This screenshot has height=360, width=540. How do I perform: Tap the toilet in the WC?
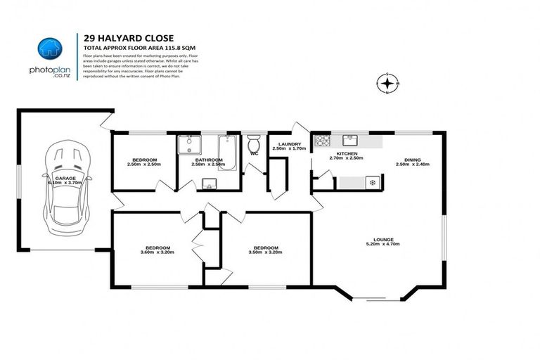254,143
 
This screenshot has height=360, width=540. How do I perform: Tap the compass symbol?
387,84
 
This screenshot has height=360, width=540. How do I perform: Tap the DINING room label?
413,160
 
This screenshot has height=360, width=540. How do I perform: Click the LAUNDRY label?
289,144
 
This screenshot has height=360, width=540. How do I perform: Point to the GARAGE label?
65,179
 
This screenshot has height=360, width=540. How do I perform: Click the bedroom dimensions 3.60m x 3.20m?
157,252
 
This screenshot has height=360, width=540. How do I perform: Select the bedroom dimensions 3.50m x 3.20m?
266,252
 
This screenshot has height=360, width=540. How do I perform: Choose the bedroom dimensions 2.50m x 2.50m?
144,164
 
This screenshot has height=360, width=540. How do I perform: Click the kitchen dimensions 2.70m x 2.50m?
347,158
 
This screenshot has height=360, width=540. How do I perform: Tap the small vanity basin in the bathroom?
208,184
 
